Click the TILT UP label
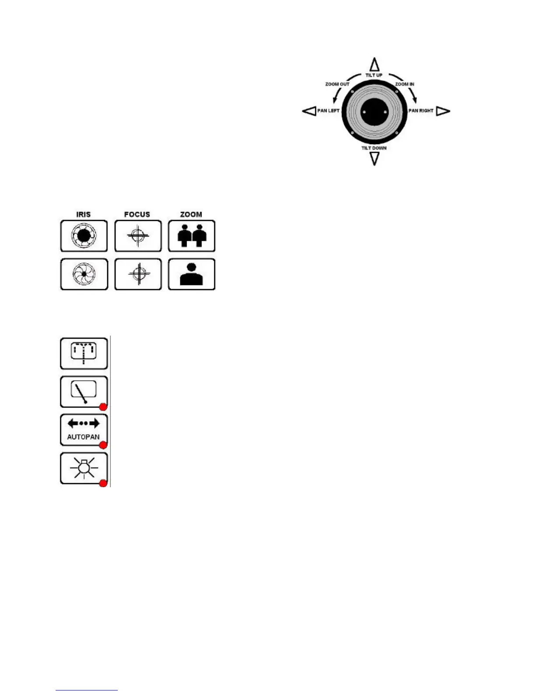[x=374, y=75]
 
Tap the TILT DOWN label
[x=374, y=148]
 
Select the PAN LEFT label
[x=328, y=111]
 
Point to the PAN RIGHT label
[x=421, y=111]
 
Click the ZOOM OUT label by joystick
[x=337, y=84]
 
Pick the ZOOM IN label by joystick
[x=405, y=84]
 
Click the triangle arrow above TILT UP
[x=374, y=64]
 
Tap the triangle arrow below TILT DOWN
[x=374, y=159]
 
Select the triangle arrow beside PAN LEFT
[x=309, y=111]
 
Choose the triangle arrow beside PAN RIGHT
[x=443, y=111]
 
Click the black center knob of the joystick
[x=374, y=112]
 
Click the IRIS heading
[x=84, y=214]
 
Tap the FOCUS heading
[x=137, y=214]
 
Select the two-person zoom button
[x=191, y=236]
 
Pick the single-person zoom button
[x=191, y=274]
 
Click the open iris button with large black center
[x=84, y=236]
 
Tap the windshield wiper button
[x=84, y=392]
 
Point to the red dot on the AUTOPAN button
[x=103, y=445]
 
